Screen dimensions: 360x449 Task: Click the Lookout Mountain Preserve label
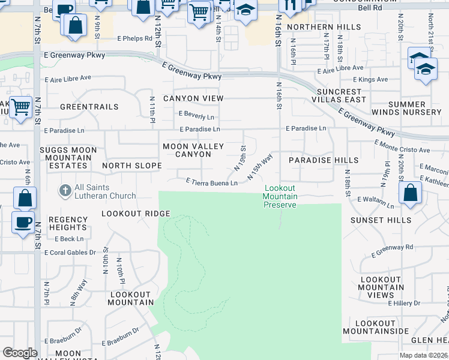[x=280, y=197]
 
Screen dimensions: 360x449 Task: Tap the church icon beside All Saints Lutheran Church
[x=64, y=191]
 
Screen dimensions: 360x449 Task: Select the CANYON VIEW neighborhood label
[x=185, y=98]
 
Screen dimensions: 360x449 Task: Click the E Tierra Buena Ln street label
[x=211, y=181]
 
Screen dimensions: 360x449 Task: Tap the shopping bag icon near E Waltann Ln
[x=411, y=193]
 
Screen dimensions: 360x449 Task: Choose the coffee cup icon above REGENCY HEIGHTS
[x=23, y=222]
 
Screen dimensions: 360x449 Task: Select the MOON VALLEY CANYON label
[x=193, y=151]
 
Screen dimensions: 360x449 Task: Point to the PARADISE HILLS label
[x=323, y=161]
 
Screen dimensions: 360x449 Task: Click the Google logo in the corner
[x=20, y=353]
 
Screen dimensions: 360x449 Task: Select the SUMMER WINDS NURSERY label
[x=406, y=109]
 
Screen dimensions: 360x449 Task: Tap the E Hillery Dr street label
[x=406, y=304]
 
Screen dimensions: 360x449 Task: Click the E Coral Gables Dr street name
[x=70, y=253]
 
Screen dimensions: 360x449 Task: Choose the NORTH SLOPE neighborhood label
[x=132, y=166]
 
